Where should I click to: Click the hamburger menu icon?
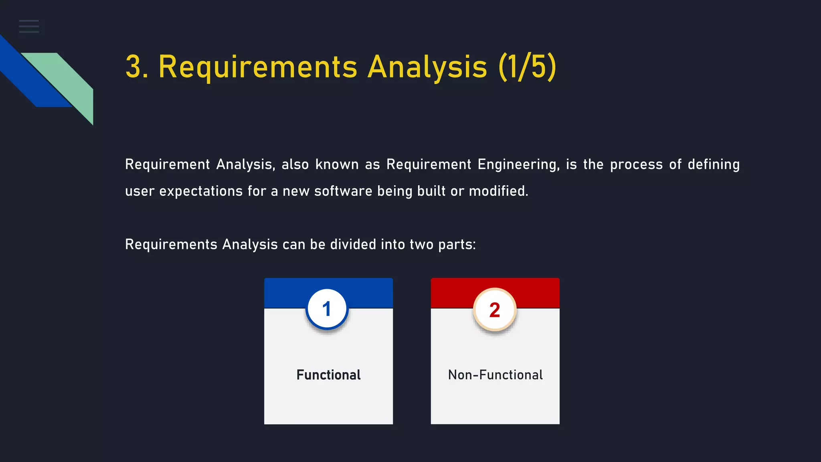click(29, 26)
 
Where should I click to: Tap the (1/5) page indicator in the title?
click(528, 67)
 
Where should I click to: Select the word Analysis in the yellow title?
click(427, 67)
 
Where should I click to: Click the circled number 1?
click(327, 309)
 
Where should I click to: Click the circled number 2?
click(495, 310)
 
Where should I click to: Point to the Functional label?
click(328, 375)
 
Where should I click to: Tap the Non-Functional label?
click(495, 375)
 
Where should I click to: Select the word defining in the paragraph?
click(714, 165)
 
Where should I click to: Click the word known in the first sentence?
click(337, 165)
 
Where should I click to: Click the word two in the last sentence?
click(421, 245)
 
